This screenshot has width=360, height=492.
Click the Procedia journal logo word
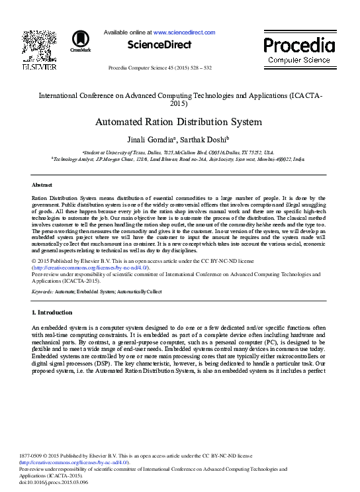[299, 46]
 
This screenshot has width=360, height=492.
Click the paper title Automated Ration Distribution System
[179, 122]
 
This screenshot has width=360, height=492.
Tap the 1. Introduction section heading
[52, 312]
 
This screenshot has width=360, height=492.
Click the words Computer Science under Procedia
[299, 61]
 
